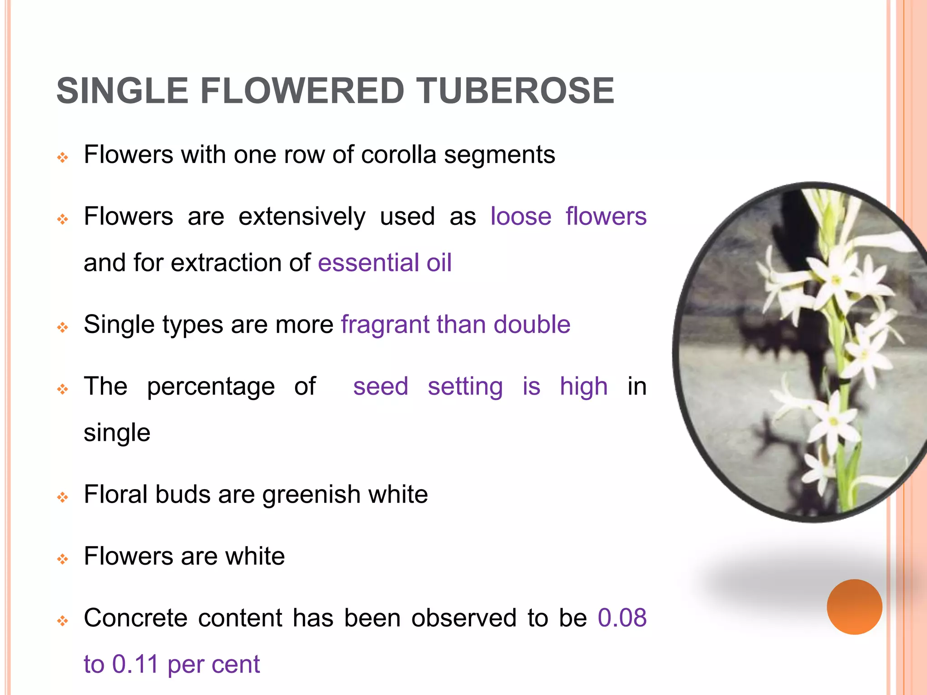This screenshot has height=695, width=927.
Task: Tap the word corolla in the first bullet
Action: pyautogui.click(x=398, y=155)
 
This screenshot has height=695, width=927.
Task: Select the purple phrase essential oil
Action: pyautogui.click(x=385, y=263)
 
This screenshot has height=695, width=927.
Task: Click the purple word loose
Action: pyautogui.click(x=521, y=216)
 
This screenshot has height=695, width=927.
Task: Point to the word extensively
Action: pyautogui.click(x=301, y=216)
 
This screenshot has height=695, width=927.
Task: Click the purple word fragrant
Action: pyautogui.click(x=385, y=325)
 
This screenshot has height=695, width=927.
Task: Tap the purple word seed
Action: pyautogui.click(x=381, y=386)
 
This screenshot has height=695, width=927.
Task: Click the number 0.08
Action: pyautogui.click(x=622, y=618)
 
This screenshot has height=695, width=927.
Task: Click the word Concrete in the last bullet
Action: pyautogui.click(x=136, y=618)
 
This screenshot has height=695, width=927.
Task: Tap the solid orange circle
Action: pyautogui.click(x=854, y=607)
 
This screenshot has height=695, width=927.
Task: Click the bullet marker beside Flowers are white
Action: pyautogui.click(x=63, y=559)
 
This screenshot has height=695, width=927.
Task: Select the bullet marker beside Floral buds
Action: pyautogui.click(x=63, y=498)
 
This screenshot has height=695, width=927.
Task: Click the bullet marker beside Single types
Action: pyautogui.click(x=63, y=328)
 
